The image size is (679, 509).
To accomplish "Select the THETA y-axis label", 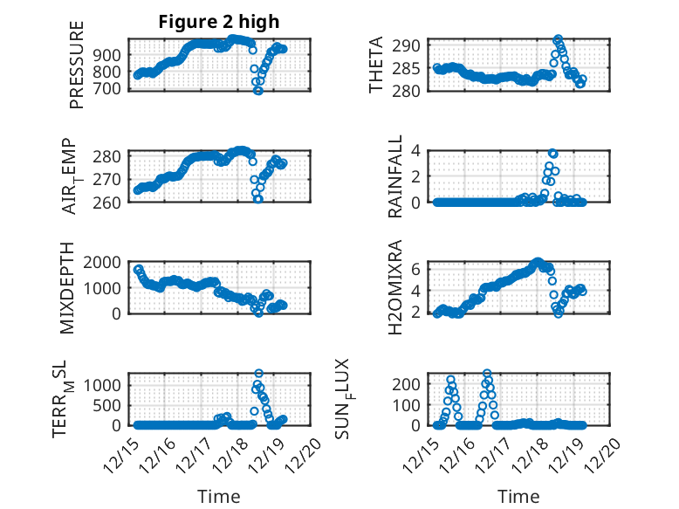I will click(376, 65).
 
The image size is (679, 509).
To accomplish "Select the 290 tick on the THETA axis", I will click(413, 45).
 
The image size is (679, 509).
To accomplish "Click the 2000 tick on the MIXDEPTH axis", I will click(109, 262).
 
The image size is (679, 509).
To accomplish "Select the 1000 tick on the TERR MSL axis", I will click(109, 384).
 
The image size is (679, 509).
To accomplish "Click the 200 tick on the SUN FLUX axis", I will click(413, 384).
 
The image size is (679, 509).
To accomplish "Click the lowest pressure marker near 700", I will click(257, 90).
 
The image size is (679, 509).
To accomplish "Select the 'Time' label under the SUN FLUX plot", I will click(518, 496).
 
